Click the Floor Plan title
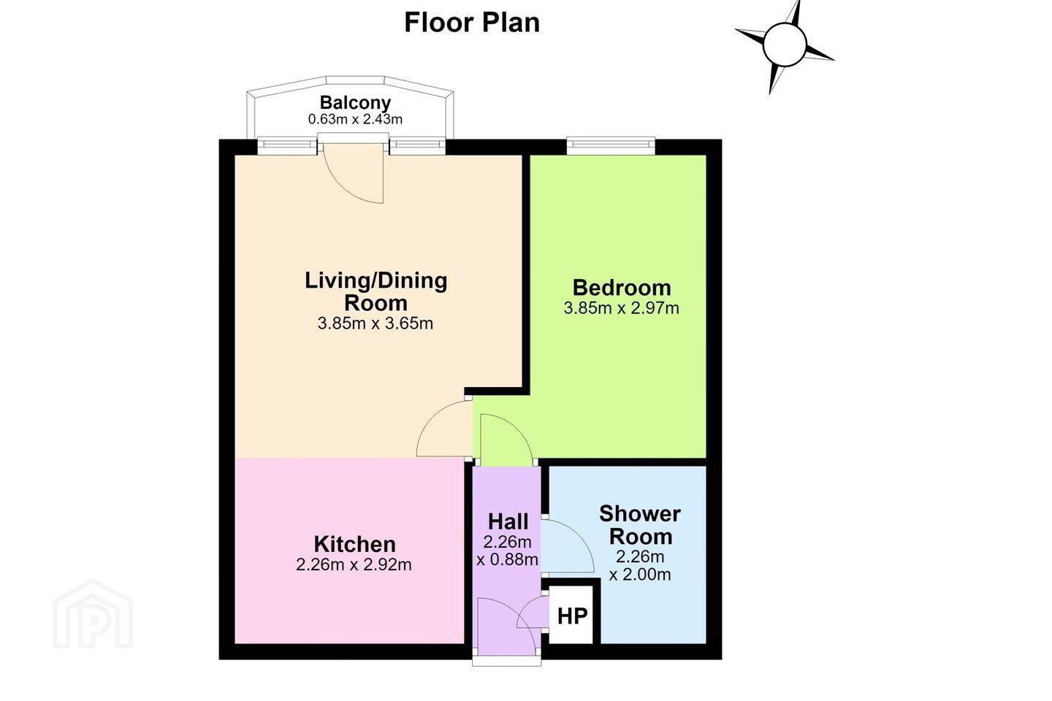coord(471,23)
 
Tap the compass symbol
coord(785,45)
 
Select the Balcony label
coord(355,102)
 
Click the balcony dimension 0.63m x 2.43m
coord(355,119)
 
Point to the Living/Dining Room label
coord(376,291)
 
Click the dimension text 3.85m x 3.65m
coord(376,323)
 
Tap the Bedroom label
coord(621,288)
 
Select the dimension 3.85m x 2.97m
coord(621,308)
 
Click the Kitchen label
coord(354,544)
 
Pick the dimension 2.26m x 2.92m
coord(354,564)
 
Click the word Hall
coord(508,521)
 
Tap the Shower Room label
coord(640,525)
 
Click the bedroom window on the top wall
coord(611,145)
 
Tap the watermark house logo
coord(93,615)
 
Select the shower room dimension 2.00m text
coord(640,574)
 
